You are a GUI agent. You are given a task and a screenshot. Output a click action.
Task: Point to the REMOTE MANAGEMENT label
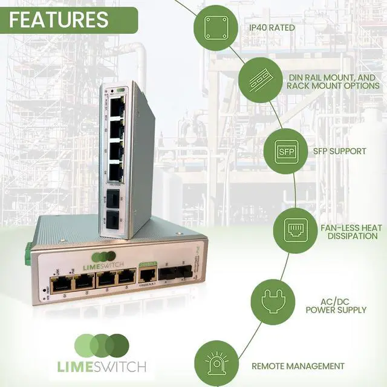click(x=298, y=366)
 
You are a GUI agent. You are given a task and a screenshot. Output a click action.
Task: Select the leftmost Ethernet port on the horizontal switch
click(x=60, y=283)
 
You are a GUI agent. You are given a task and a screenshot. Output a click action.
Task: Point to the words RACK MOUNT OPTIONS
click(x=333, y=86)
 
